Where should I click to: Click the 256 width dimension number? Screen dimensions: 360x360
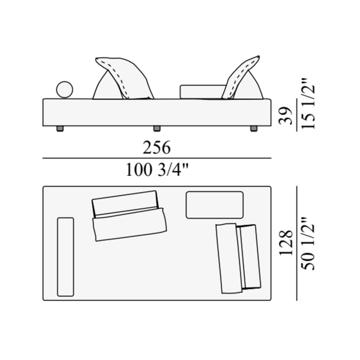(157, 148)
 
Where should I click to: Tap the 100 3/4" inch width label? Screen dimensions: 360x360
(157, 170)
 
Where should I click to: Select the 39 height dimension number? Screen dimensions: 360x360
(286, 116)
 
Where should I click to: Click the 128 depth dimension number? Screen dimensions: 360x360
(286, 243)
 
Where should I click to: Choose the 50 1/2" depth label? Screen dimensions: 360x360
(308, 243)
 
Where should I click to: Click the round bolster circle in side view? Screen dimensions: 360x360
(64, 90)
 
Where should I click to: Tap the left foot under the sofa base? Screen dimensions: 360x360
(60, 129)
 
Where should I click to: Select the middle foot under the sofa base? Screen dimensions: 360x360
(157, 129)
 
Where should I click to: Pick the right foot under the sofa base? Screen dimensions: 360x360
(254, 129)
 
